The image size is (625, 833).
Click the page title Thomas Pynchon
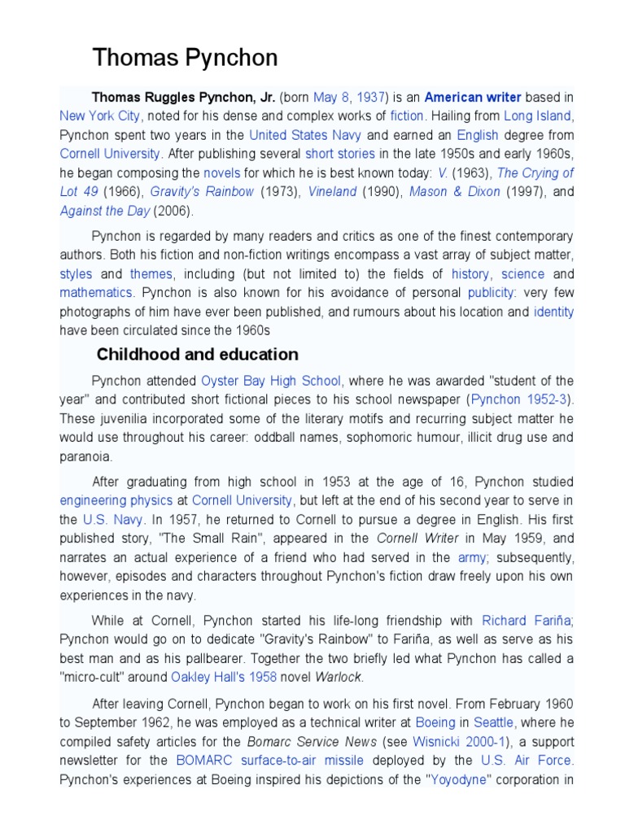click(185, 58)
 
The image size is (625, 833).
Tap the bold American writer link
click(473, 97)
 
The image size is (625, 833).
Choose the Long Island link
click(538, 116)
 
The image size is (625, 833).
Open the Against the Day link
click(105, 211)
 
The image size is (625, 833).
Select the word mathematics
click(95, 292)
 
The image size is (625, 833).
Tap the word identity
click(553, 312)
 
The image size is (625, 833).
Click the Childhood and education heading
click(197, 355)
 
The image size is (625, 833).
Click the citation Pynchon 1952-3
click(520, 399)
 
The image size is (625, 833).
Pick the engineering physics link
click(116, 500)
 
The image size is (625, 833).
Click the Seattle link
click(493, 722)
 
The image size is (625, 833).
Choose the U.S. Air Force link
click(527, 761)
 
